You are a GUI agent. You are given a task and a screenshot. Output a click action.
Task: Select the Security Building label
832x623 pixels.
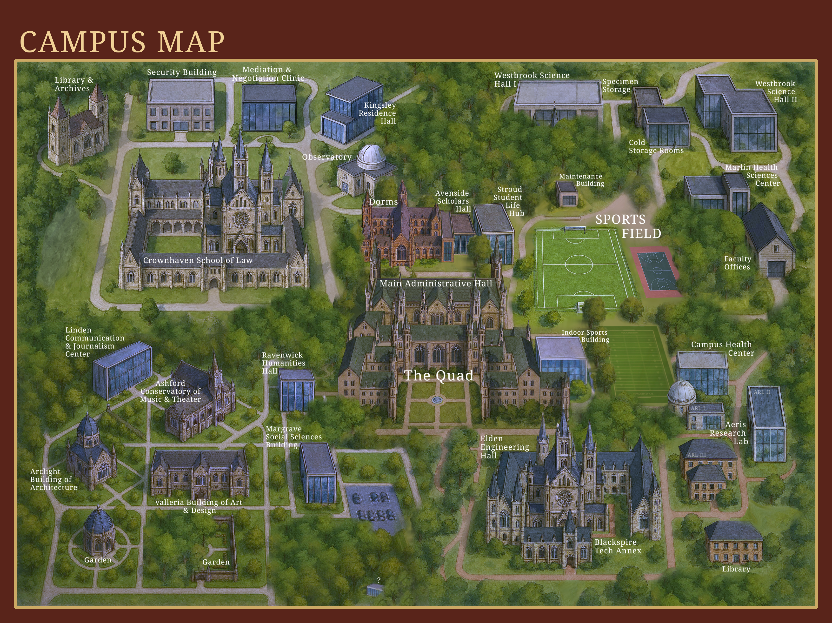182,72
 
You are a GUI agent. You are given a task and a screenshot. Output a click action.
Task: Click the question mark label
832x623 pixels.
379,580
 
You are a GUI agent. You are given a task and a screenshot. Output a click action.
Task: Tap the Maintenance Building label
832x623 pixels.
582,180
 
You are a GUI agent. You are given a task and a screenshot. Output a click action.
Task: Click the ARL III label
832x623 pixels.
697,455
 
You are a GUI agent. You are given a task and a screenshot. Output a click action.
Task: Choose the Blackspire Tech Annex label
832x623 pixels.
618,546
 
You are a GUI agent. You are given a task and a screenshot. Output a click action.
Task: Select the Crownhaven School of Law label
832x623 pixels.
198,260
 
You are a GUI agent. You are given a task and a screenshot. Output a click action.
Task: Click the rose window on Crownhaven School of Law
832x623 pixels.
241,219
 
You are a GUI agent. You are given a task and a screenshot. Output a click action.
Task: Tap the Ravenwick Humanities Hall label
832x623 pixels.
283,363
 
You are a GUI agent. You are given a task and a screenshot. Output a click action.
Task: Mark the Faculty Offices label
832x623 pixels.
737,263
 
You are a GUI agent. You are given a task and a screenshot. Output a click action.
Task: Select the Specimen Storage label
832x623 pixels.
620,85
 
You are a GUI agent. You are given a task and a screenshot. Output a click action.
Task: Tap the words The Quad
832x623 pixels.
438,376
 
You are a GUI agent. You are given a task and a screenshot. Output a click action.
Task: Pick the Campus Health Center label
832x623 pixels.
722,349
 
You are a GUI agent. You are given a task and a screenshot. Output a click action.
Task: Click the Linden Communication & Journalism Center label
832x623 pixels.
94,342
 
